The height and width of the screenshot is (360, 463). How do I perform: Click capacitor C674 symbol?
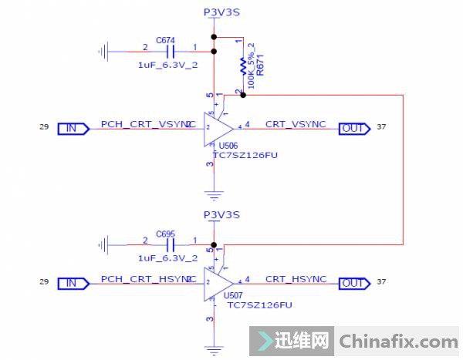pyautogui.click(x=171, y=52)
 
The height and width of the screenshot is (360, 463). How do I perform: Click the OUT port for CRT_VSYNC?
pyautogui.click(x=354, y=128)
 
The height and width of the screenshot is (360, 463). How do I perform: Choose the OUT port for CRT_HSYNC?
pyautogui.click(x=354, y=284)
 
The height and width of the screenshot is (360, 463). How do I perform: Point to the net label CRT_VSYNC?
pyautogui.click(x=296, y=123)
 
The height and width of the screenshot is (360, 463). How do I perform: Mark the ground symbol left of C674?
pyautogui.click(x=103, y=52)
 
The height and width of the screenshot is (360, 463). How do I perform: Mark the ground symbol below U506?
pyautogui.click(x=215, y=194)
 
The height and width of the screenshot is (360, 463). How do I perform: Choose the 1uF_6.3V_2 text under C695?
pyautogui.click(x=167, y=257)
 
